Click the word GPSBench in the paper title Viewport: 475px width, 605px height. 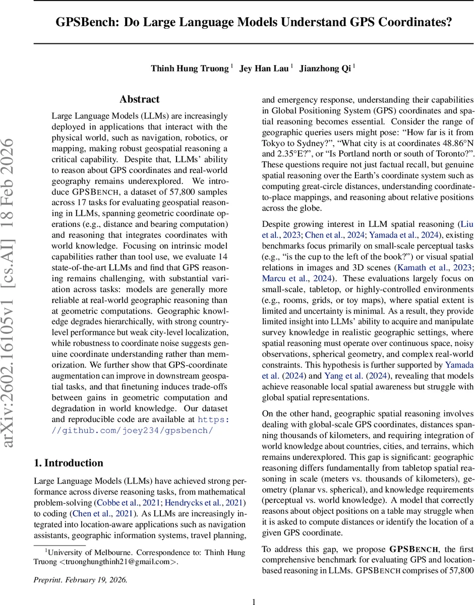tap(86, 23)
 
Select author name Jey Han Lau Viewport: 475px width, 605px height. tap(264, 69)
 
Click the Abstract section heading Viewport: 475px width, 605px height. tap(139, 99)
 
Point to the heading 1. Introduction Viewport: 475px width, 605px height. tap(68, 463)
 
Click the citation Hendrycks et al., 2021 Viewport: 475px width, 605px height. tap(214, 503)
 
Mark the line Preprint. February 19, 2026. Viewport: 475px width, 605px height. tap(80, 579)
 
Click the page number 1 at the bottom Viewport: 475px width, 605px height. tap(254, 601)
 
